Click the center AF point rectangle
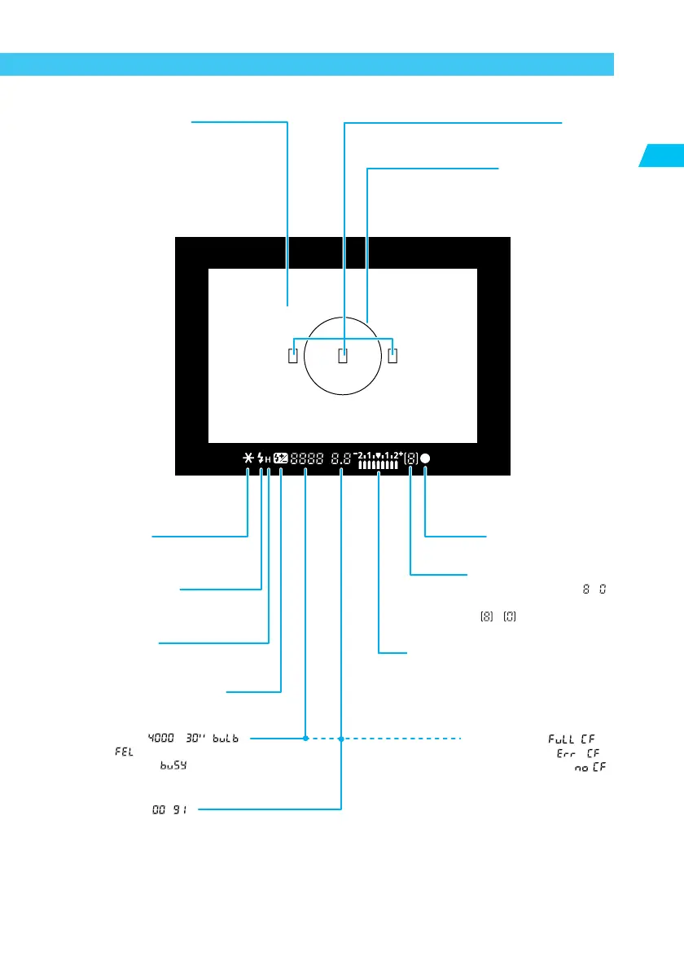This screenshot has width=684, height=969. pyautogui.click(x=343, y=355)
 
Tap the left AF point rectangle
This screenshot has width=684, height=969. pyautogui.click(x=293, y=355)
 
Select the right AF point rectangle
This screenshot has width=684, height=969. pyautogui.click(x=392, y=355)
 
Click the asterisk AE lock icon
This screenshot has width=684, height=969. pyautogui.click(x=248, y=458)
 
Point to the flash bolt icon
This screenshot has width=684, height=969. pyautogui.click(x=261, y=458)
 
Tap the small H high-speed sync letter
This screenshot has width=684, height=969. pyautogui.click(x=268, y=460)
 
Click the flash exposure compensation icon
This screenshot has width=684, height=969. pyautogui.click(x=281, y=458)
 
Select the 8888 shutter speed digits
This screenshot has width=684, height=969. pyautogui.click(x=307, y=459)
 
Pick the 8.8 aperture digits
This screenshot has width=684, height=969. pyautogui.click(x=342, y=459)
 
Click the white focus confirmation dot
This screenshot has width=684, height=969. pyautogui.click(x=426, y=458)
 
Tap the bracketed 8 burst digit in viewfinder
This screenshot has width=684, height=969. pyautogui.click(x=411, y=458)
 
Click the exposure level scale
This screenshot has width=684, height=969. pyautogui.click(x=379, y=461)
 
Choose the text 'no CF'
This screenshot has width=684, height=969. pyautogui.click(x=590, y=768)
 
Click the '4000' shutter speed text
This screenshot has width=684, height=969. pyautogui.click(x=158, y=739)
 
